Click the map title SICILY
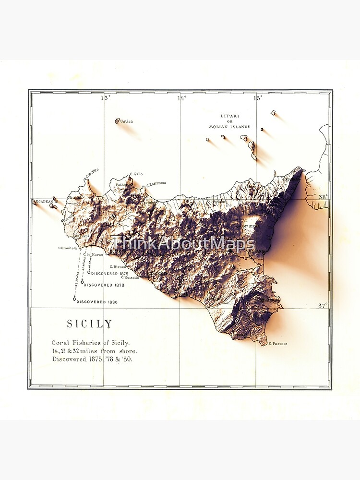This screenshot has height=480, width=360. pyautogui.click(x=89, y=324)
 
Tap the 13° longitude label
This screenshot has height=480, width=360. pyautogui.click(x=105, y=98)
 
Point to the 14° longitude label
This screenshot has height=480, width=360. pyautogui.click(x=181, y=98)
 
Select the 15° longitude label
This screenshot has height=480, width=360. pyautogui.click(x=258, y=98)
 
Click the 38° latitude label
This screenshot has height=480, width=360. pyautogui.click(x=323, y=197)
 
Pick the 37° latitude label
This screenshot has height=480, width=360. pyautogui.click(x=323, y=305)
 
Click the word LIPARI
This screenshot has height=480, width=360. pyautogui.click(x=229, y=116)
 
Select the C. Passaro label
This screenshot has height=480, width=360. pyautogui.click(x=278, y=344)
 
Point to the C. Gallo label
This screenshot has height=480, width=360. pyautogui.click(x=136, y=174)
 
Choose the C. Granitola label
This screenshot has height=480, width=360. pyautogui.click(x=68, y=248)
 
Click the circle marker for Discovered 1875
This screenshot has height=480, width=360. pyautogui.click(x=89, y=272)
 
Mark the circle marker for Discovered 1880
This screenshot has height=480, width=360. pyautogui.click(x=74, y=299)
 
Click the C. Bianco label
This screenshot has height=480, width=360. pyautogui.click(x=118, y=267)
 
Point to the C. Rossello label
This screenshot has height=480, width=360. pyautogui.click(x=130, y=277)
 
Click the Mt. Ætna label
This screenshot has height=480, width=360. pyautogui.click(x=249, y=226)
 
